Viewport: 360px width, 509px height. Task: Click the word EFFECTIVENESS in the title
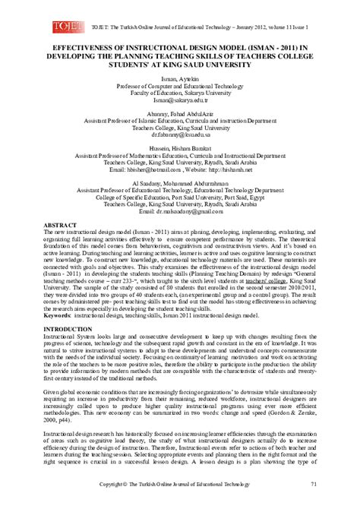click(x=77, y=45)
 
